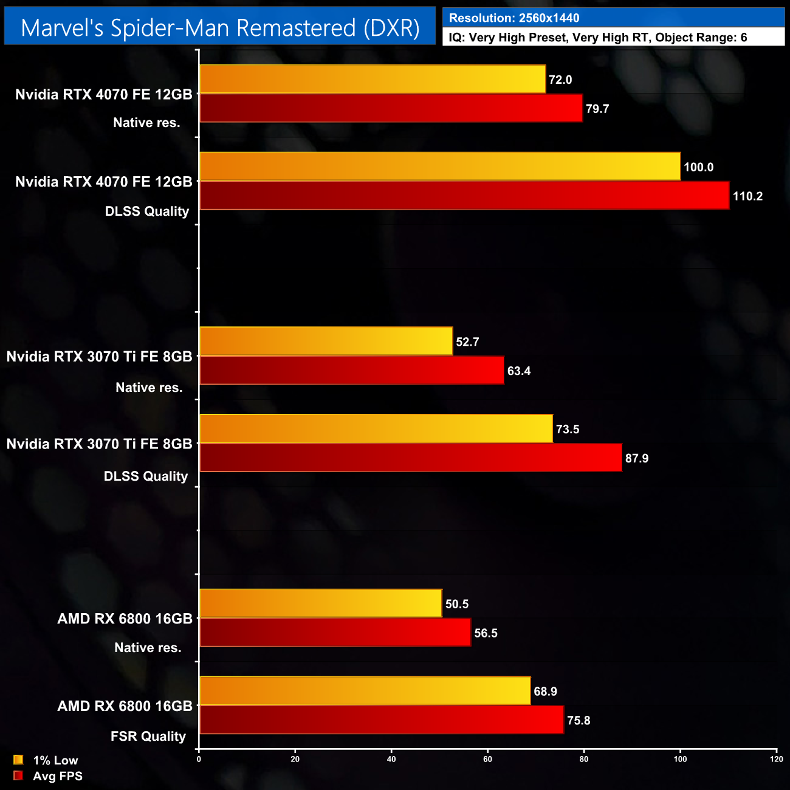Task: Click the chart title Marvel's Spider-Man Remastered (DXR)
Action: [220, 28]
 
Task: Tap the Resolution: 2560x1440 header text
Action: [514, 18]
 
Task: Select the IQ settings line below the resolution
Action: [598, 38]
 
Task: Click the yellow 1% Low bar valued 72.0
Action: [373, 79]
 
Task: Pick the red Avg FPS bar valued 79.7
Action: [391, 108]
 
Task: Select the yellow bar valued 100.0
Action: [440, 167]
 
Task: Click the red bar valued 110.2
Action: [464, 196]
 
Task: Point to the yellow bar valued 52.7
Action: [326, 341]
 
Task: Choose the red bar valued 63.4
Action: [352, 370]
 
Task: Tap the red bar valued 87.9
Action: [411, 458]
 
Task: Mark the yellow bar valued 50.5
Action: [321, 603]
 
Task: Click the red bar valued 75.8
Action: [382, 720]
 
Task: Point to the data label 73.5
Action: [568, 429]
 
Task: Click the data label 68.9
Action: [545, 692]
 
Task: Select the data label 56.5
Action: [486, 633]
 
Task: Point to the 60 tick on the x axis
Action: [487, 759]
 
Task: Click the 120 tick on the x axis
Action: [776, 759]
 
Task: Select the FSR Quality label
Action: [148, 737]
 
